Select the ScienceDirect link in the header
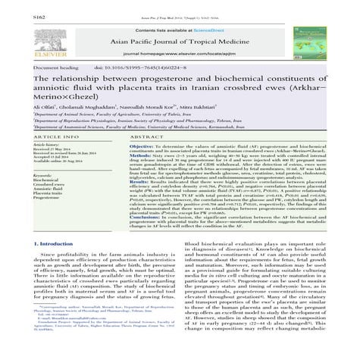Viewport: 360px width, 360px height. (200, 17)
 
